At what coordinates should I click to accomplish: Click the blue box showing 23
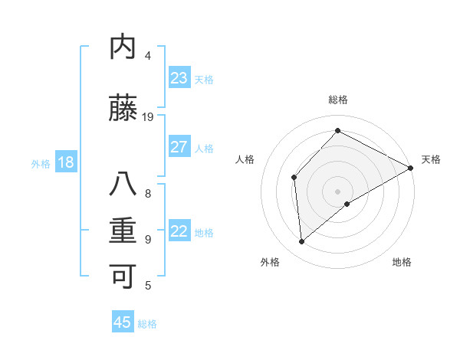pyautogui.click(x=179, y=78)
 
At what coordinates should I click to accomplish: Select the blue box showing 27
pyautogui.click(x=179, y=147)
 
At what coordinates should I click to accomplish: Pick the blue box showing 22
pyautogui.click(x=179, y=231)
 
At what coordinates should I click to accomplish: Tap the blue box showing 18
pyautogui.click(x=65, y=162)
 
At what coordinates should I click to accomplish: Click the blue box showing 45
pyautogui.click(x=123, y=322)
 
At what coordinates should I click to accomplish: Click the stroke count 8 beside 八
pyautogui.click(x=148, y=194)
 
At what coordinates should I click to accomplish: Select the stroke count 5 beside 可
pyautogui.click(x=148, y=286)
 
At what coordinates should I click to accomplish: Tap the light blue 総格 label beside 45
pyautogui.click(x=147, y=324)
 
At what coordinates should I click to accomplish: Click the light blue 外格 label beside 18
pyautogui.click(x=41, y=163)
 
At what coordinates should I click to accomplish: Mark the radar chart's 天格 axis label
pyautogui.click(x=431, y=159)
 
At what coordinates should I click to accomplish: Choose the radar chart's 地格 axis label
pyautogui.click(x=402, y=262)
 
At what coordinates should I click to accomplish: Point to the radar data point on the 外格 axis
pyautogui.click(x=302, y=242)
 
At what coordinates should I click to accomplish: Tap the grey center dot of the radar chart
pyautogui.click(x=337, y=191)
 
